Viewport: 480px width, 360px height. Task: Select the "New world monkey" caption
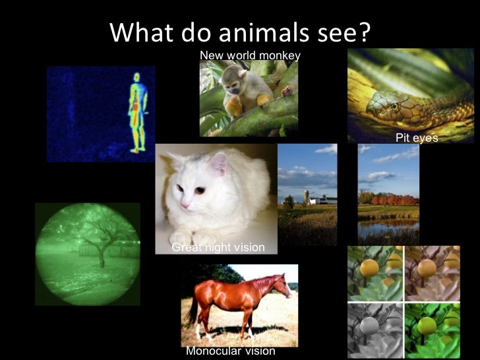pyautogui.click(x=250, y=55)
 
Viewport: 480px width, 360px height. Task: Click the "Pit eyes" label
pyautogui.click(x=417, y=138)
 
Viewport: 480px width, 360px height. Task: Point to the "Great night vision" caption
pyautogui.click(x=218, y=247)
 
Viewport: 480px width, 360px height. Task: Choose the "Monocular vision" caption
pyautogui.click(x=230, y=351)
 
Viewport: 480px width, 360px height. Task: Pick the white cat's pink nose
pyautogui.click(x=184, y=204)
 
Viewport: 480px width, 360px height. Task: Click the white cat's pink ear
pyautogui.click(x=218, y=163)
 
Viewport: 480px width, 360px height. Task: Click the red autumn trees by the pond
pyautogui.click(x=394, y=199)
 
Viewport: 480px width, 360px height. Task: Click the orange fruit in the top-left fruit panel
pyautogui.click(x=369, y=268)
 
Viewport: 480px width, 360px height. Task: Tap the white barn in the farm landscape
pyautogui.click(x=323, y=199)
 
